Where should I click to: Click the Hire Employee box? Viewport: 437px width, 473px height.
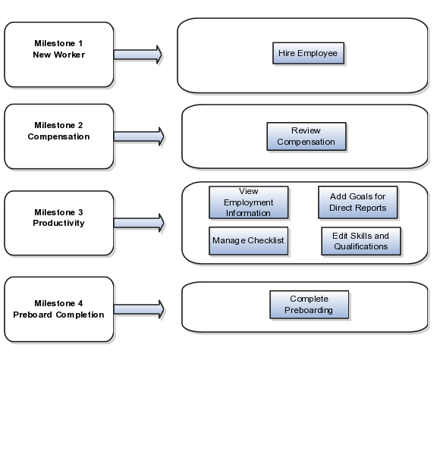[308, 53]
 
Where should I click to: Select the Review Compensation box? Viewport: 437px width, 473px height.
[307, 136]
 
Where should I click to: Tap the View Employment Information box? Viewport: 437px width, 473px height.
[249, 202]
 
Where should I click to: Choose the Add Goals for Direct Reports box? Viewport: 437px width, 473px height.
[357, 202]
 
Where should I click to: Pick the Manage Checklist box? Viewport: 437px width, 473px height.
[249, 241]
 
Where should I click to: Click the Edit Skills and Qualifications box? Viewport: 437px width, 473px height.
[361, 241]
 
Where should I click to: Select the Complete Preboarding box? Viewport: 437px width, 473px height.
[309, 305]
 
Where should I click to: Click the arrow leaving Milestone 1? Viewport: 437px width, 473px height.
[138, 55]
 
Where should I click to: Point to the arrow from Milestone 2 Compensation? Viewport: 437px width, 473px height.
[139, 136]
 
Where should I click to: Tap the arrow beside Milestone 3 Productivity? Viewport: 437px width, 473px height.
[139, 223]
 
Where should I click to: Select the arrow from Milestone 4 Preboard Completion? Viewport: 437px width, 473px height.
[139, 309]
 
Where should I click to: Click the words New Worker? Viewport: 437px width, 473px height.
[59, 55]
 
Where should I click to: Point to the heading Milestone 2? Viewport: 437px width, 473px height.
[58, 125]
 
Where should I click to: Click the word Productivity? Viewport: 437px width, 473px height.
[58, 223]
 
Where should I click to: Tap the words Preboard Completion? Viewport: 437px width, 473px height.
[58, 315]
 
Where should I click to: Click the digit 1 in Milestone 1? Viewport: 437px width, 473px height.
[80, 43]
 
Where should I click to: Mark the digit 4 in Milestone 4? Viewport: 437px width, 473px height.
[80, 303]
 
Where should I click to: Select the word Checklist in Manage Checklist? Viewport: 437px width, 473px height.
[266, 240]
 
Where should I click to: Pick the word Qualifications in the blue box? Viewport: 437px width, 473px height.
[361, 247]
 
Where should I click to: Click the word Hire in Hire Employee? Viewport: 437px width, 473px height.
[287, 53]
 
